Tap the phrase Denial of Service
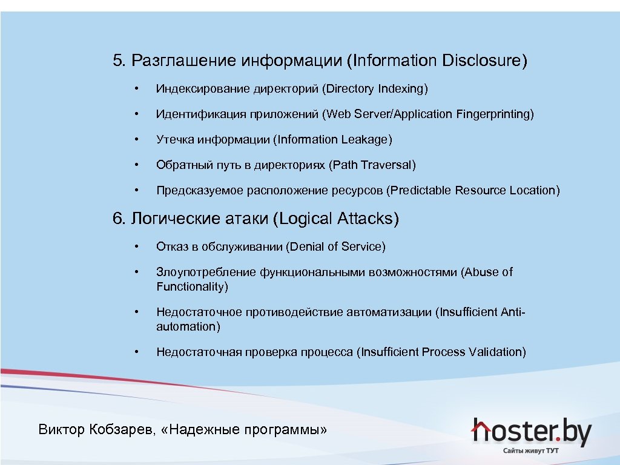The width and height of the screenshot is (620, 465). point(336,246)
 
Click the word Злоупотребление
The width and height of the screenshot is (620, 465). point(206,272)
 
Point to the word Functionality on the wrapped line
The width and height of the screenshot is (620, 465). point(191,287)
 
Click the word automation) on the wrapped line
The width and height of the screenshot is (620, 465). point(188,327)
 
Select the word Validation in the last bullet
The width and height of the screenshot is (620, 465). point(495,352)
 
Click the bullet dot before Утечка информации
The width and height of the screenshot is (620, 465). point(138,140)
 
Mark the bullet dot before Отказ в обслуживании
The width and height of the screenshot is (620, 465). point(138,246)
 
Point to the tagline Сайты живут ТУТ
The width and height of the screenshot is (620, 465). point(531,451)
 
